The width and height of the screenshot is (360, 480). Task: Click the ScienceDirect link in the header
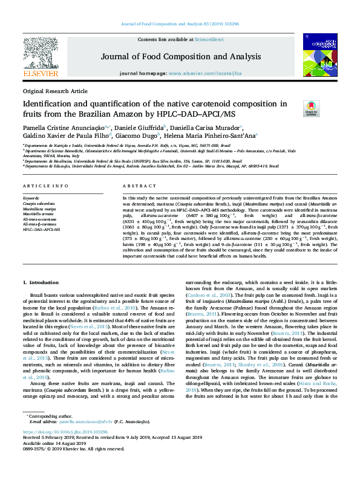(x=209, y=39)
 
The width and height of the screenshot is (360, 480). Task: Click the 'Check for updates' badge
(x=311, y=108)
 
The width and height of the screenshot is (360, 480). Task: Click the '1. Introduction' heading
(x=41, y=282)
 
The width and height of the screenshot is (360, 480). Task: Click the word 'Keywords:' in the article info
(x=31, y=198)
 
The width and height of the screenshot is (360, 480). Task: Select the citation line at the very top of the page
(x=180, y=24)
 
